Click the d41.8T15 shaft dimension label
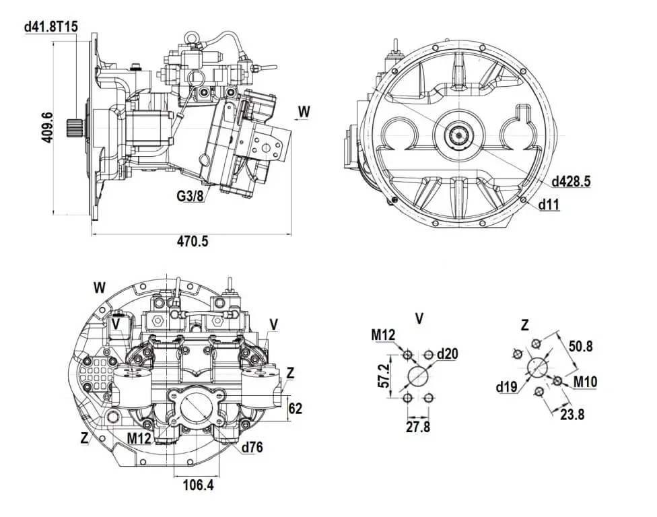click(x=51, y=27)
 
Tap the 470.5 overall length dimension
click(x=193, y=241)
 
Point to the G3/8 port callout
click(x=190, y=195)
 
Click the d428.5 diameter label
click(x=571, y=181)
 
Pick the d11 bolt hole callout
click(x=549, y=205)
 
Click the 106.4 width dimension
click(x=198, y=485)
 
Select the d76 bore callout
click(x=252, y=447)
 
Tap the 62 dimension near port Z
click(x=296, y=408)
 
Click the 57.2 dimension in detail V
click(x=384, y=376)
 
